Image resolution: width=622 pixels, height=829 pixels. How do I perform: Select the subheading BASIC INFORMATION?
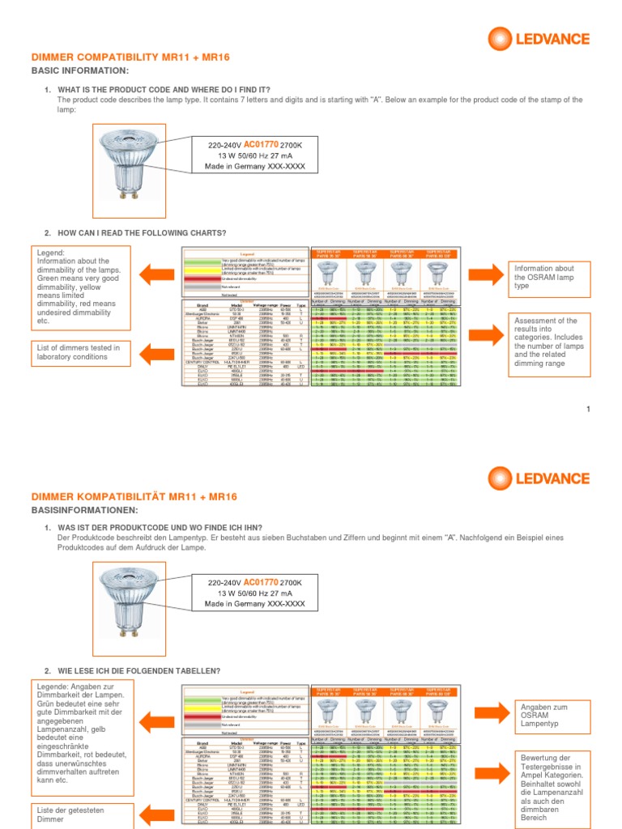(79, 71)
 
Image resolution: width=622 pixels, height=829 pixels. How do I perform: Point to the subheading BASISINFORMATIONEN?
(84, 510)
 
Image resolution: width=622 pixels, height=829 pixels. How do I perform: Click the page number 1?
(589, 410)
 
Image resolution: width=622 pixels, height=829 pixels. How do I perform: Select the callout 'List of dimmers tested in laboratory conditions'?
(79, 352)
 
